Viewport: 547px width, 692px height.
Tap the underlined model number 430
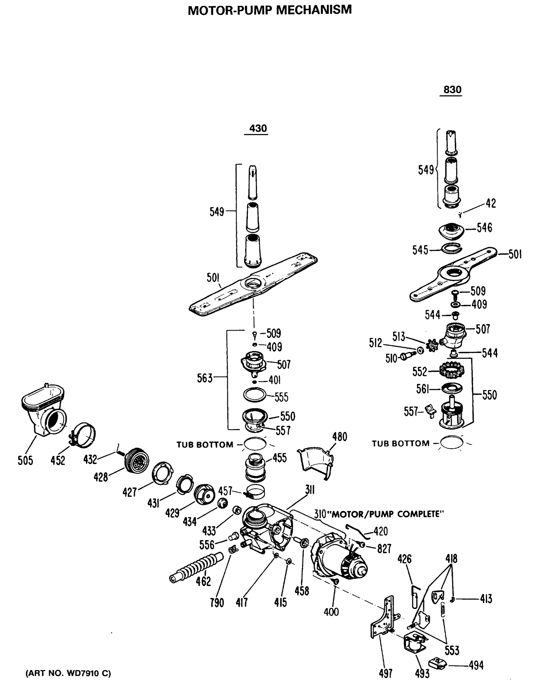tap(257, 128)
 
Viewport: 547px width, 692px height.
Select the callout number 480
tap(340, 437)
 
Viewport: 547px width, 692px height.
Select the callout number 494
tap(476, 665)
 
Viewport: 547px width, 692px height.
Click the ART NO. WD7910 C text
tap(68, 674)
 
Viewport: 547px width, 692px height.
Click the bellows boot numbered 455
tap(255, 468)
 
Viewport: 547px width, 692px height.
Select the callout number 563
tap(205, 378)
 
